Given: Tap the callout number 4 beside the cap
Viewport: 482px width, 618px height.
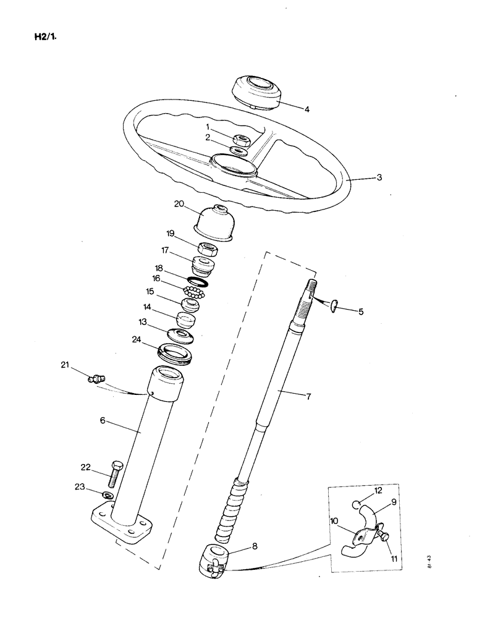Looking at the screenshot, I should tap(307, 109).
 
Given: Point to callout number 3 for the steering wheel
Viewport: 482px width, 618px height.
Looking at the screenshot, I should tap(379, 177).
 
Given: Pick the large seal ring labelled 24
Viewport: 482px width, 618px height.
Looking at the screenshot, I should tap(177, 353).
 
